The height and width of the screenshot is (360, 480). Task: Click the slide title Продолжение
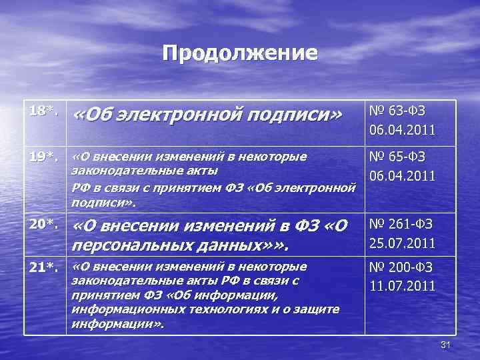tap(240, 53)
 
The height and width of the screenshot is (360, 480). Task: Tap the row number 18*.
tap(43, 110)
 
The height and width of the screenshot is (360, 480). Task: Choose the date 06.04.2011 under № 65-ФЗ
tap(403, 176)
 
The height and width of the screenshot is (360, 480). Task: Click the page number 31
tap(447, 344)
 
